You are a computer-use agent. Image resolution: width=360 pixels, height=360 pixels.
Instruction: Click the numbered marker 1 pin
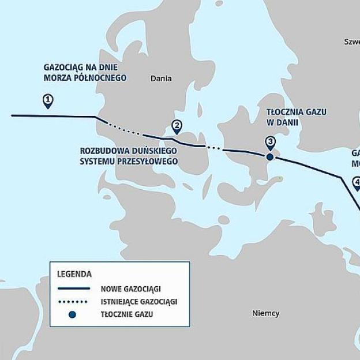coord(48,102)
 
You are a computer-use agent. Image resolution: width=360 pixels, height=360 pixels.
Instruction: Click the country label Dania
coord(161,79)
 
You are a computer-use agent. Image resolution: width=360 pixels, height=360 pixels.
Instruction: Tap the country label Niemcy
coord(266,313)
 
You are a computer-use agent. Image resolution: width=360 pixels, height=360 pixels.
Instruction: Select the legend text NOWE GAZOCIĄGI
coord(130,288)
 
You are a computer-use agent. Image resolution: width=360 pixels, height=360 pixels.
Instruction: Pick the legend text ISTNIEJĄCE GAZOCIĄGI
coord(138,301)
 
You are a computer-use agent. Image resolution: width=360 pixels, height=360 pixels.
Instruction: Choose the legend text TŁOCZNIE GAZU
coord(127,314)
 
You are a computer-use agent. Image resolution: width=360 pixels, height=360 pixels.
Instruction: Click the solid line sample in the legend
coord(73,288)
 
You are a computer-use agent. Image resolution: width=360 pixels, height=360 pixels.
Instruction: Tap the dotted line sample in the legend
coord(73,301)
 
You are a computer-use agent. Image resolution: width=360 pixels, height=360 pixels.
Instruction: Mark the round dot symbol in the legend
coord(72,314)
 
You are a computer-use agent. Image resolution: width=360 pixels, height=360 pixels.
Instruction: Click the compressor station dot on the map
coord(269,156)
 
